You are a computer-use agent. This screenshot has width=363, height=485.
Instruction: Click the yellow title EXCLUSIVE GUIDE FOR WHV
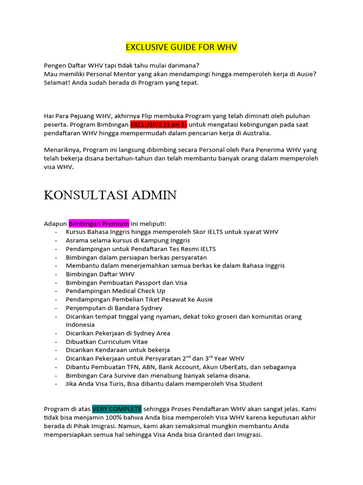click(x=181, y=47)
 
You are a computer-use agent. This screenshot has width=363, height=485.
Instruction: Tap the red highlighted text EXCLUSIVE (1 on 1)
click(x=158, y=125)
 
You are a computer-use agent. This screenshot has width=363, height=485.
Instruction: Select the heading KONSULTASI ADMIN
click(x=110, y=195)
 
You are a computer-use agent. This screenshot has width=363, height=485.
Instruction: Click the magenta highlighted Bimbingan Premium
click(x=99, y=224)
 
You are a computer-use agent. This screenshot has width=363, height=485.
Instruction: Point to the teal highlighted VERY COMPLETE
click(x=117, y=409)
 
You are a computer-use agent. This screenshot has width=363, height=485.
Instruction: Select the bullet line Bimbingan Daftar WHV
click(x=100, y=274)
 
